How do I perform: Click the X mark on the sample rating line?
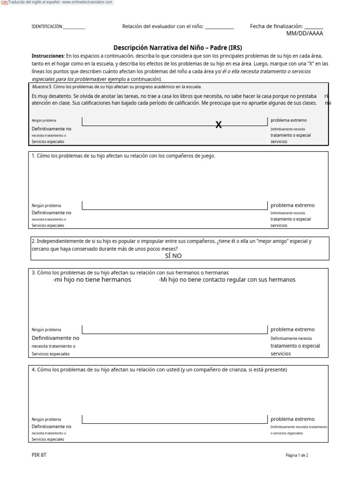[218, 125]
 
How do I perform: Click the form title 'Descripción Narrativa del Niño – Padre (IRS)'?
[178, 48]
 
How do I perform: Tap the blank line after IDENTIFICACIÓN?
[74, 27]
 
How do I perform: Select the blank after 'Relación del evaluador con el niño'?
[219, 27]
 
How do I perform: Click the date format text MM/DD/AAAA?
[305, 34]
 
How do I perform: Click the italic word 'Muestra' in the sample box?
[40, 87]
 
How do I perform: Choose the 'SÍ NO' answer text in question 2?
[173, 256]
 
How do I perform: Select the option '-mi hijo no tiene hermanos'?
[92, 280]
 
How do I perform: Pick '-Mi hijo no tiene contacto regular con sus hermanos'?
[227, 280]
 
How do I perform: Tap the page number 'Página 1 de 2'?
[297, 455]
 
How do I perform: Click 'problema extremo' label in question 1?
[292, 205]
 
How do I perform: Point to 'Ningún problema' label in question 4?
[46, 420]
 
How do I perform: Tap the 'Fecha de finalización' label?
[276, 27]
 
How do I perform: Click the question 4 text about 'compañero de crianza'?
[159, 369]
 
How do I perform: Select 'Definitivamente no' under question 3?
[55, 338]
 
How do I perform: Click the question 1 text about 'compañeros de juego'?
[123, 156]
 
